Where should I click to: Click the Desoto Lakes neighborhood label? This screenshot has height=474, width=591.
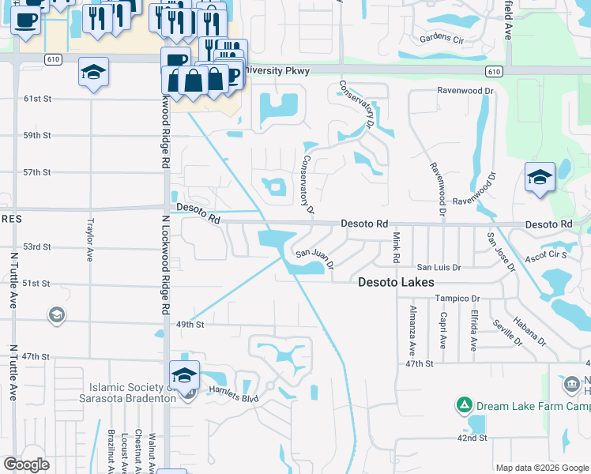point(395,282)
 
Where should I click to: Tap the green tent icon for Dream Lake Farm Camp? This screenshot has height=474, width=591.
point(465,406)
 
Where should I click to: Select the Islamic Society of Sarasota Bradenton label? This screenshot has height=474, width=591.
point(132,393)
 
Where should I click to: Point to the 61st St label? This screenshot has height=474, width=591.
point(37,99)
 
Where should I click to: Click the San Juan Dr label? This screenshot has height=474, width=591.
point(314,255)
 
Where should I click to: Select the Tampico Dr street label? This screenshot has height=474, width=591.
point(457,299)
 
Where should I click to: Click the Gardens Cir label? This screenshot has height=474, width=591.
point(442,38)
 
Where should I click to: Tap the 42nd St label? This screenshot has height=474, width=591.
point(471,438)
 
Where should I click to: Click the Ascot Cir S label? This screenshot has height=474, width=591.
point(547,255)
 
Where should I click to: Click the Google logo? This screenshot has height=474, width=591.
point(26,465)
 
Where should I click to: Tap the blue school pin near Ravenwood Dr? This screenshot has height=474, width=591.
point(540,178)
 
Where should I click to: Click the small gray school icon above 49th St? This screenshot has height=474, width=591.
point(56,316)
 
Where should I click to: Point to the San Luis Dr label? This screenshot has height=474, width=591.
point(439,268)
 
